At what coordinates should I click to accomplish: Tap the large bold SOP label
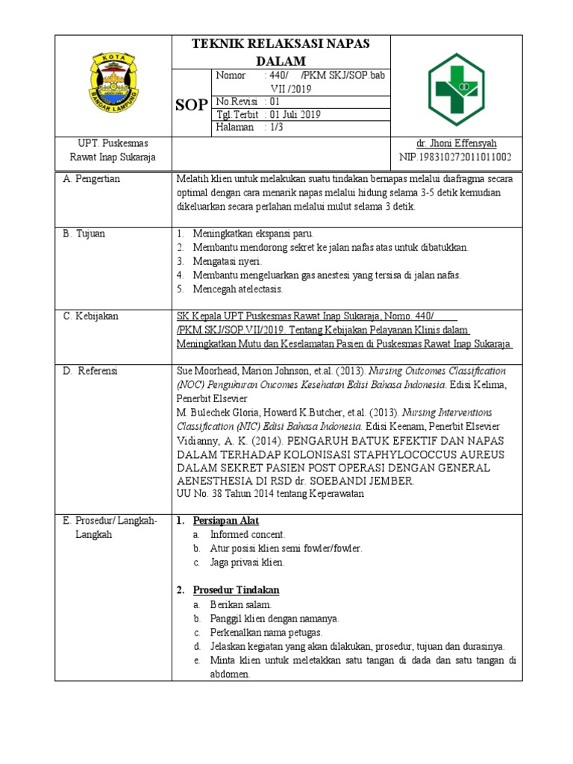pos(192,105)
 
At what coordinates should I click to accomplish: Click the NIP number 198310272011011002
pos(455,157)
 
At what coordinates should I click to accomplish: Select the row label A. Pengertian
pos(93,179)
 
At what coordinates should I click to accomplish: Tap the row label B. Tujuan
pos(84,234)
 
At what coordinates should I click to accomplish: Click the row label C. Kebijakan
pos(91,317)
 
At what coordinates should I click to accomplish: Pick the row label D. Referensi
pos(91,371)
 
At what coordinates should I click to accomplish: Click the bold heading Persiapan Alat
pos(225,520)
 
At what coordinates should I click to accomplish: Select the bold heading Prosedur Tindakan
pos(236,589)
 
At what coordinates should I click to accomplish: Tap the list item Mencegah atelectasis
pos(237,289)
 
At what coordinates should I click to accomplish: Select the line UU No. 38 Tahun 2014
pos(269,493)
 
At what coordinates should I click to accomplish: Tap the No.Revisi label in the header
pos(236,101)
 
